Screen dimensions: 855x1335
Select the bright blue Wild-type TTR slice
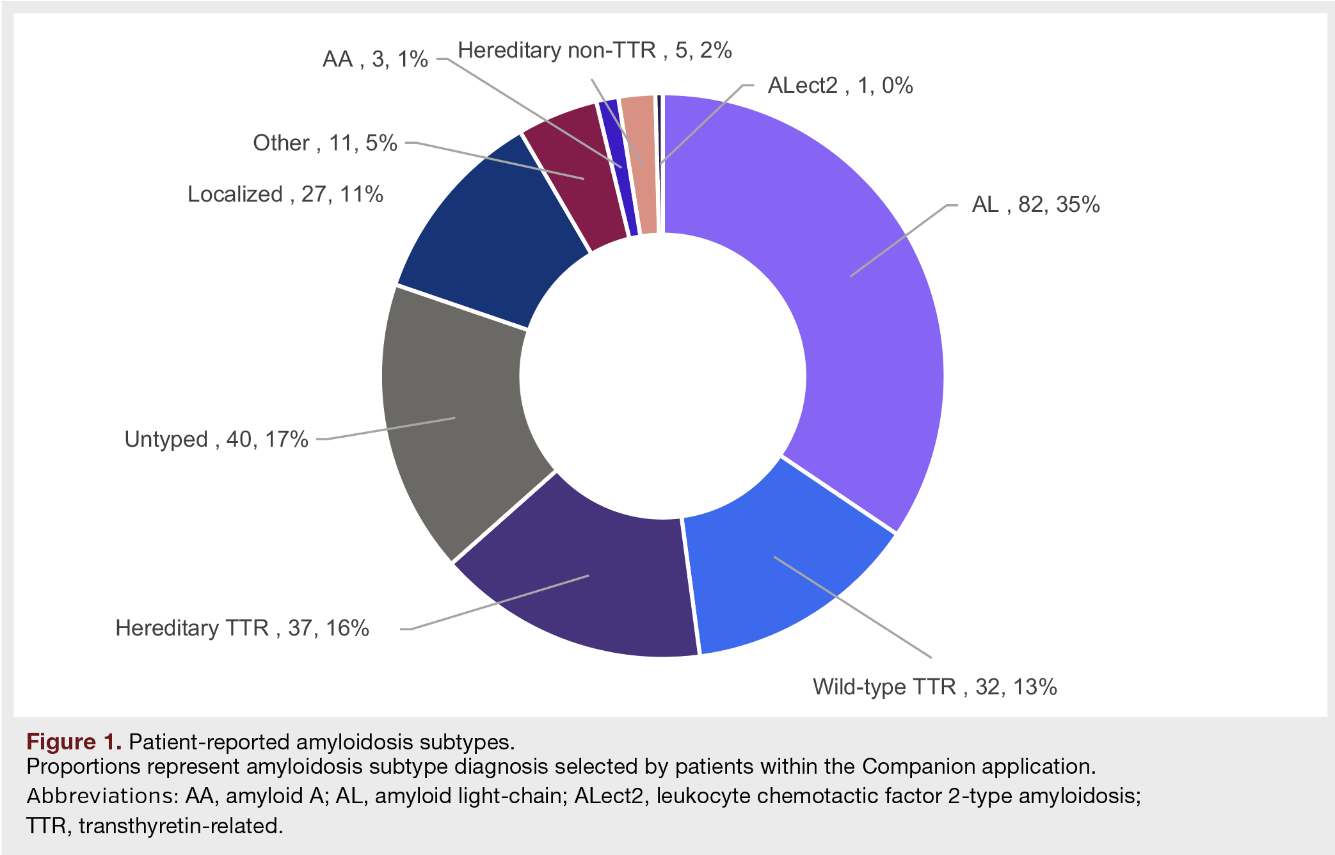[x=781, y=576]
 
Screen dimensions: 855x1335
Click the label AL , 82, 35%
[x=1035, y=205]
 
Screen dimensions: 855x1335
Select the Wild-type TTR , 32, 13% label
[x=934, y=687]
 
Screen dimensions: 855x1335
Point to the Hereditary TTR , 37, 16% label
[x=242, y=628]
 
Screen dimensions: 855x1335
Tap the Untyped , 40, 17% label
[x=216, y=439]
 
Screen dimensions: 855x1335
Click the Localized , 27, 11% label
[x=285, y=194]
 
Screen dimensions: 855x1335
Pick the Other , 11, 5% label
[x=325, y=143]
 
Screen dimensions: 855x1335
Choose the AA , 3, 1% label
[x=375, y=59]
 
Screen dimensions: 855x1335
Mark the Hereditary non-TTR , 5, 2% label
[x=595, y=50]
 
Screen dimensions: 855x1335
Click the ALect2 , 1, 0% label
[x=840, y=85]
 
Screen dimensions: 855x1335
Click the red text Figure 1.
[x=74, y=742]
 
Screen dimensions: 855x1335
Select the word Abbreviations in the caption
[x=102, y=795]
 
